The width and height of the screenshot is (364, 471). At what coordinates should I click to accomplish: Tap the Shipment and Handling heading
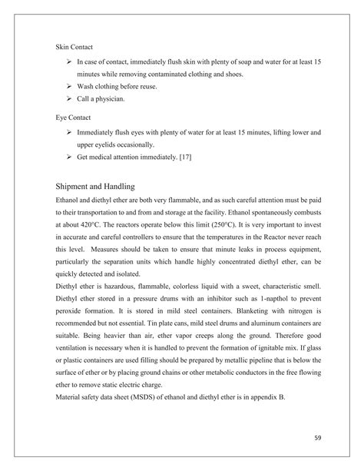[x=95, y=186]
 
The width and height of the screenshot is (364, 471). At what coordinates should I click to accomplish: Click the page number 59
[x=318, y=438]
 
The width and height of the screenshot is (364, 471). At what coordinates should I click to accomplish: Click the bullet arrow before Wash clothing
[x=69, y=86]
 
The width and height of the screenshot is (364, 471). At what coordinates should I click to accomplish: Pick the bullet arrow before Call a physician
[x=69, y=99]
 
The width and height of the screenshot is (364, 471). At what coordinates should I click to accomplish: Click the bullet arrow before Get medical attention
[x=69, y=158]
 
